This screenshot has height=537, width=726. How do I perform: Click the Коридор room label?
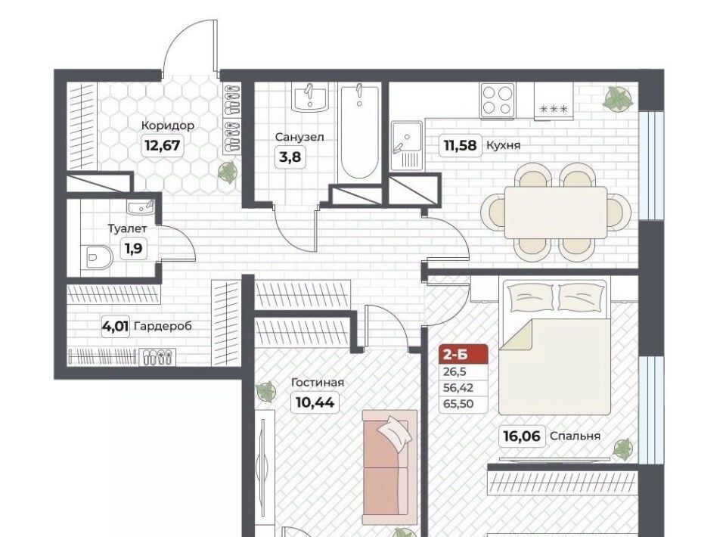167,126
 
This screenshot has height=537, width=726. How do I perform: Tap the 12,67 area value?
162,145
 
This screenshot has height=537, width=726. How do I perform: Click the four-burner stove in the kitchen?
498,100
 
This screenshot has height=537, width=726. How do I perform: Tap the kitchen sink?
407,145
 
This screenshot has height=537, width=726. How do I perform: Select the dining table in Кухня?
555,213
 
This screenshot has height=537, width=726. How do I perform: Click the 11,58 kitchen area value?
460,145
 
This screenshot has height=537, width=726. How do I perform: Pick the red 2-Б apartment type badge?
464,354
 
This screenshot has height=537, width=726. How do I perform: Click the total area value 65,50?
458,404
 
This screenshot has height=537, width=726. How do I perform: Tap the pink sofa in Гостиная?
390,467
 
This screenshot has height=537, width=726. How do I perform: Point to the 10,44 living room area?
315,402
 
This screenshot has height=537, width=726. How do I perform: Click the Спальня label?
575,436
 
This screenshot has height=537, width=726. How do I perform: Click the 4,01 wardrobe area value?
116,326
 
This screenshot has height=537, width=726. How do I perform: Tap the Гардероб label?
163,326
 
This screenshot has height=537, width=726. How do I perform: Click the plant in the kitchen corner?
618,98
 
